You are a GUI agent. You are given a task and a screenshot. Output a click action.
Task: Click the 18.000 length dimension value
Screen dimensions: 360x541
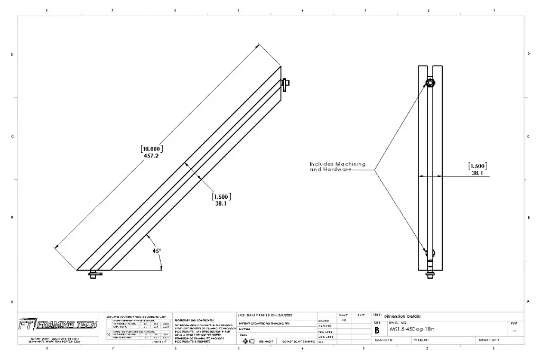[x=151, y=149]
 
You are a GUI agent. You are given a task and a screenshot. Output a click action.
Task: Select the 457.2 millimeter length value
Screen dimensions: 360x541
[x=151, y=156]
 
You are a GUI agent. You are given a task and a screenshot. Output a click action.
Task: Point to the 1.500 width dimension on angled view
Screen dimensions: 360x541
[x=221, y=196]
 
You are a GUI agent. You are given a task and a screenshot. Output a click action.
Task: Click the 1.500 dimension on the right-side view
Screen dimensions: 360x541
[x=477, y=165]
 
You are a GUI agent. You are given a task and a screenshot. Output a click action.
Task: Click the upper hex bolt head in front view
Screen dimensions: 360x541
[x=432, y=83]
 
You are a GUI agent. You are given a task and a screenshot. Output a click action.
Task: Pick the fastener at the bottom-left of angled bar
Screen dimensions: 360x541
[x=94, y=274]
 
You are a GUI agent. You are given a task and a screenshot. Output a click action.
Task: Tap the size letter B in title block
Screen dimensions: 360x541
[x=377, y=330]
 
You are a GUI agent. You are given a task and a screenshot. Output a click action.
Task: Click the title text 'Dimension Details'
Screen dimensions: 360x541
[x=402, y=316]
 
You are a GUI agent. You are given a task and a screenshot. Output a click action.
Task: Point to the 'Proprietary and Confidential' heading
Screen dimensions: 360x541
[x=193, y=320]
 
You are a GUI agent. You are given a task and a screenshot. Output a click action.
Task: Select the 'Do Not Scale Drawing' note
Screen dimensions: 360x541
[x=299, y=342]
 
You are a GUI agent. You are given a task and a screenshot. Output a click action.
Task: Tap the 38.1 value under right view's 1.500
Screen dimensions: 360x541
[x=477, y=173]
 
